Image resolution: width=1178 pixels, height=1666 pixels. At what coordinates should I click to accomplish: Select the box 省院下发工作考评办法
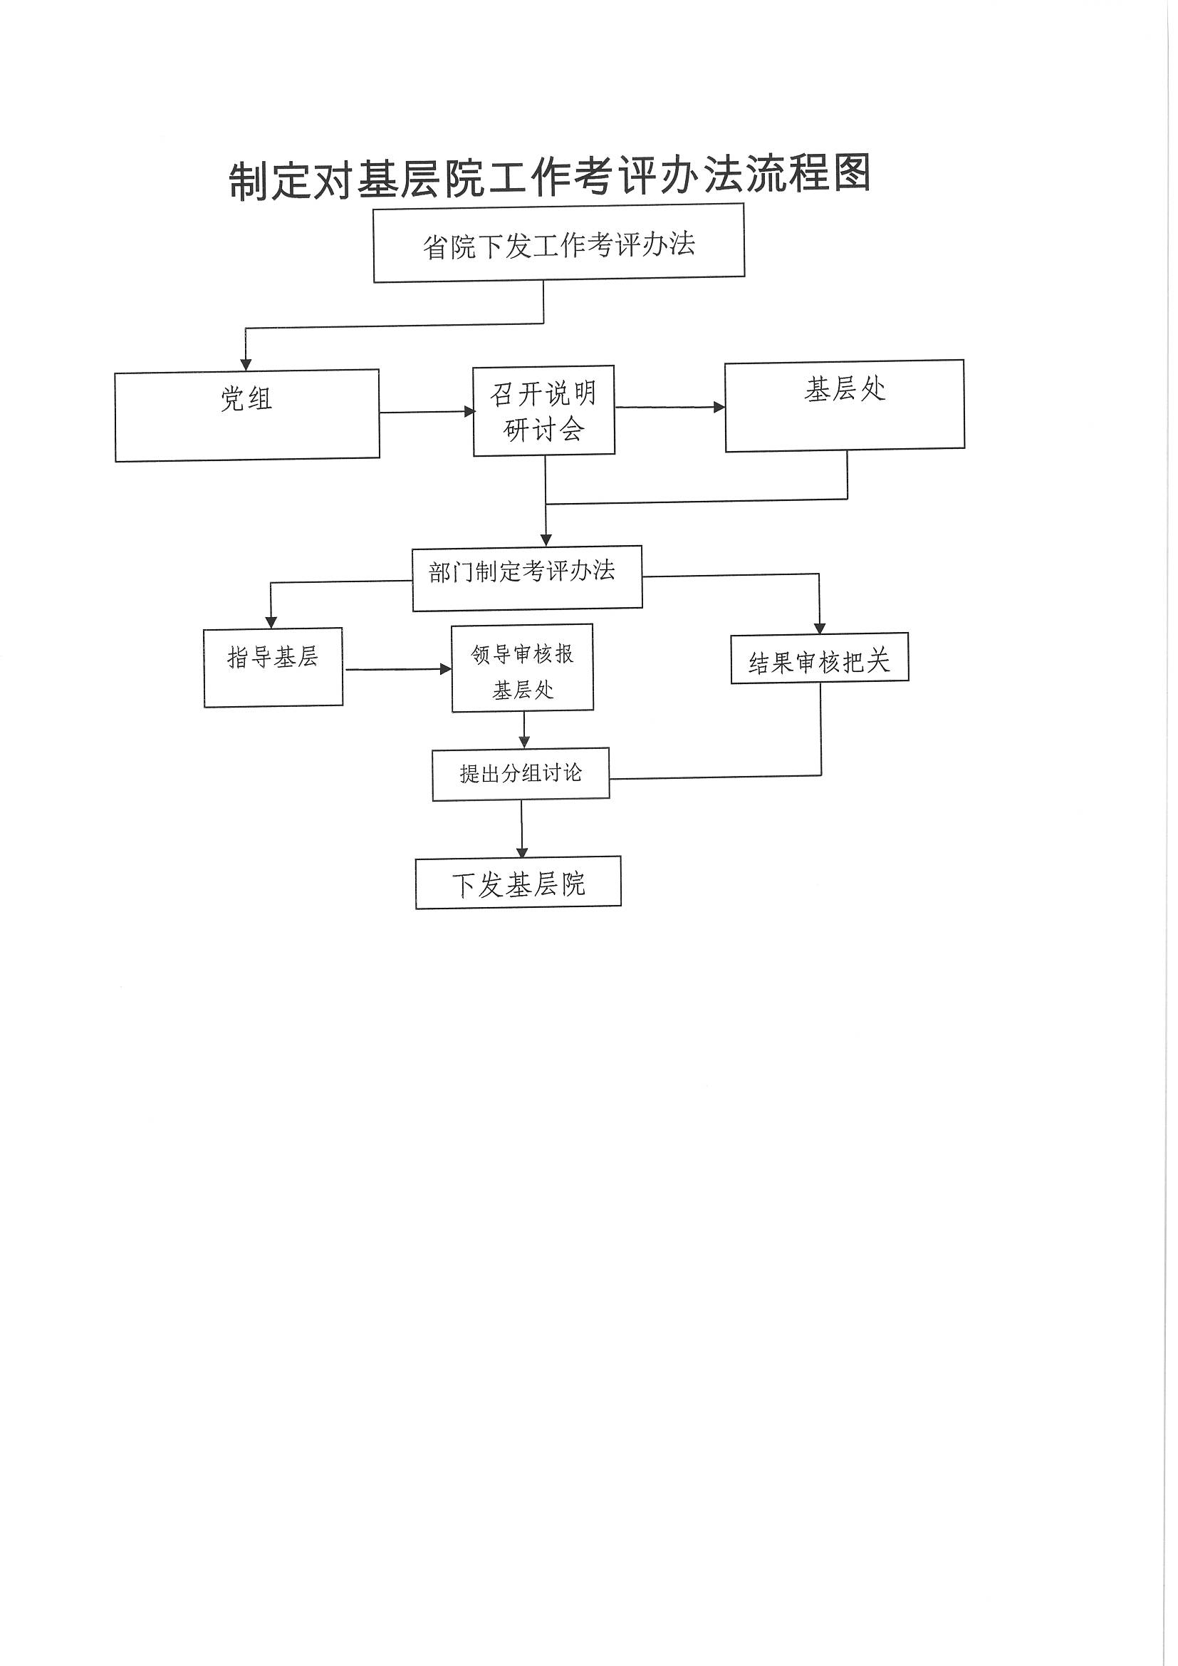click(559, 243)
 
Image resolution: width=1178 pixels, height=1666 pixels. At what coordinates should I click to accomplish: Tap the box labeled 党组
click(247, 415)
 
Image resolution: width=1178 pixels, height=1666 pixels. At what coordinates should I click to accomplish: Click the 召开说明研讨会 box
click(544, 410)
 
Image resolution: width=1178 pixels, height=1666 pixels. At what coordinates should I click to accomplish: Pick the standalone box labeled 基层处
click(845, 405)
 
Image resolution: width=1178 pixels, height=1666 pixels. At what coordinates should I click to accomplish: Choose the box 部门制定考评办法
click(527, 579)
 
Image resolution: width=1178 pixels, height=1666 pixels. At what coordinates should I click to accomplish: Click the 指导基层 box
click(273, 668)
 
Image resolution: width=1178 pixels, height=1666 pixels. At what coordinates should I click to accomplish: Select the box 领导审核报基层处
click(523, 668)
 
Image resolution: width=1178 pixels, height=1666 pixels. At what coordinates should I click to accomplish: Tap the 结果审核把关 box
click(820, 659)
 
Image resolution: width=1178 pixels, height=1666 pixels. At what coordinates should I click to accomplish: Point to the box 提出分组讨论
click(521, 775)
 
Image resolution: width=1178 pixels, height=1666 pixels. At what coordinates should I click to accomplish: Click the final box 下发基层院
click(518, 882)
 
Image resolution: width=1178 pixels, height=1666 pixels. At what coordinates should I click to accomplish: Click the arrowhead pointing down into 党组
click(246, 364)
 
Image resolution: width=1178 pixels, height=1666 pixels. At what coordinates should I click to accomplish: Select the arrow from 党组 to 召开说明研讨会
click(427, 412)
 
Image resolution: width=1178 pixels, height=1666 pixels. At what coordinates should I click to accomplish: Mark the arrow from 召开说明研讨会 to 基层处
click(670, 407)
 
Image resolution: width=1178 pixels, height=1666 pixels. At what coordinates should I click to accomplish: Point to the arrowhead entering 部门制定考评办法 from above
click(546, 540)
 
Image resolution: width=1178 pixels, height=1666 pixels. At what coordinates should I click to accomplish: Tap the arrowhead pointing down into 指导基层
click(271, 622)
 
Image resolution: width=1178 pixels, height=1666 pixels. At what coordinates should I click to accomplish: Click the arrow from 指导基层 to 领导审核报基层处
click(398, 669)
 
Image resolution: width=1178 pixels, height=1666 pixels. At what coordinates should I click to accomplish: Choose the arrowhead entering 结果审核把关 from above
click(820, 628)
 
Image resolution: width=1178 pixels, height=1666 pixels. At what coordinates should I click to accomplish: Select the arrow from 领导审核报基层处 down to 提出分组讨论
click(524, 730)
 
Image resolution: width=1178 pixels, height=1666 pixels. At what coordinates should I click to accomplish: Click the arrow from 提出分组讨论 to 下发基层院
click(521, 829)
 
